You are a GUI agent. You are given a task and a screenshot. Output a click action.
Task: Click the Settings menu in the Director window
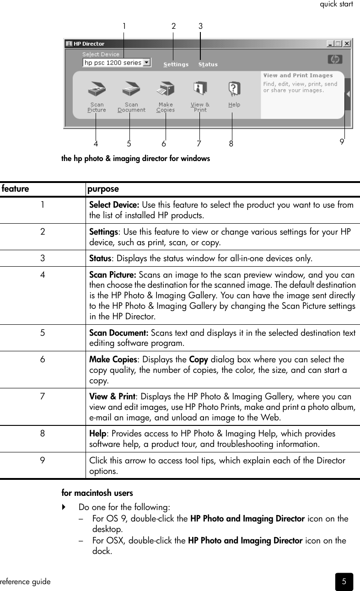click(176, 64)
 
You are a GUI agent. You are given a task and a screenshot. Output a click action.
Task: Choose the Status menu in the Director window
click(208, 64)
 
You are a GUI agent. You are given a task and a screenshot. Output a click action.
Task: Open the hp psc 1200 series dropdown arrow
click(146, 63)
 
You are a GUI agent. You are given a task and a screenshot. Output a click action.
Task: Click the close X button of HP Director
click(347, 44)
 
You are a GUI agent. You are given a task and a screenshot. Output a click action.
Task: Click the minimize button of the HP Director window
click(330, 44)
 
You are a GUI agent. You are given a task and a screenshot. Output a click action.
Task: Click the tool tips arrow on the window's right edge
click(348, 94)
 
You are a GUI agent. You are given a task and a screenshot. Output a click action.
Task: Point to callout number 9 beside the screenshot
click(342, 142)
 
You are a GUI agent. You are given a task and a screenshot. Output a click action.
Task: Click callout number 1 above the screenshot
click(124, 27)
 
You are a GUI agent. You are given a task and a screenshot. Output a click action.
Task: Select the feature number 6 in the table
click(42, 359)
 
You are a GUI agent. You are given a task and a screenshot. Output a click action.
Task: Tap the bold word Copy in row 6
click(198, 359)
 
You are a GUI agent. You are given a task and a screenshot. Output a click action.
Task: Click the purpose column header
click(103, 189)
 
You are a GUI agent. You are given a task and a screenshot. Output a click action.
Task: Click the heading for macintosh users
click(97, 493)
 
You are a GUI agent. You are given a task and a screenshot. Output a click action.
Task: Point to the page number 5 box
click(344, 581)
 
